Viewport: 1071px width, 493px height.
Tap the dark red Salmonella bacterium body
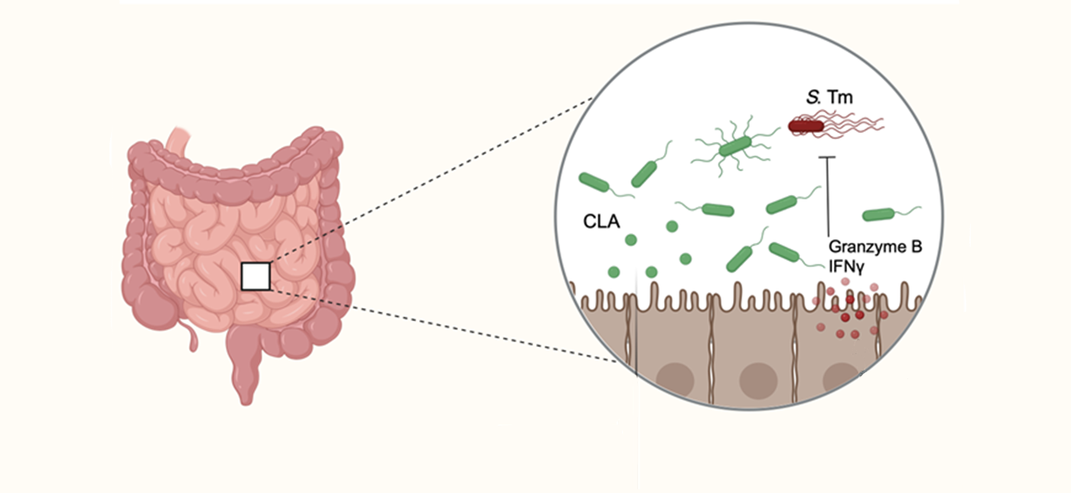pos(806,126)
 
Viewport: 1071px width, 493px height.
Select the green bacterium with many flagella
pos(732,147)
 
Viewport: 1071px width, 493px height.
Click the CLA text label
pos(600,222)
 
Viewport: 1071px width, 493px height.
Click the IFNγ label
pos(847,266)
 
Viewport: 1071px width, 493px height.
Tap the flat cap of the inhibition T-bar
pos(828,157)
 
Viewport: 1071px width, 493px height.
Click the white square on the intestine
pos(256,276)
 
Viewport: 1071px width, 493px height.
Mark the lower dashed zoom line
pos(444,324)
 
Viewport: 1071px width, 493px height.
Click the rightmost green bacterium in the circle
pos(881,215)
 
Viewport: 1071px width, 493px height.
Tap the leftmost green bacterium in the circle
pos(594,183)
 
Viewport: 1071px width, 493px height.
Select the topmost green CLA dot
pos(671,226)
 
